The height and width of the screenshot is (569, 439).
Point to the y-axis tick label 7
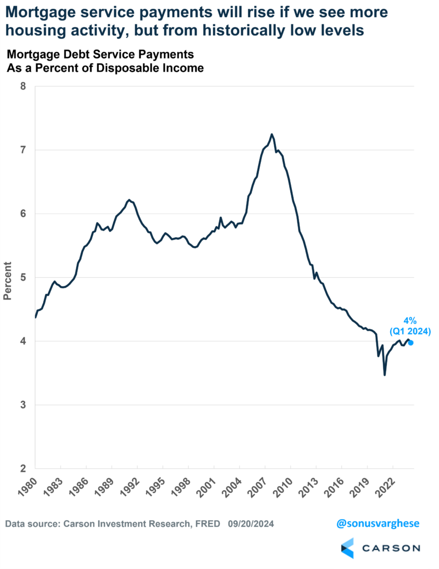tap(22, 150)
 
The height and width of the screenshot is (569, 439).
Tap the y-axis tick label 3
tap(22, 405)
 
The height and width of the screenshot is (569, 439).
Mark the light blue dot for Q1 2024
tap(410, 342)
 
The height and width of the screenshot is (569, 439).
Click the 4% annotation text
tap(409, 321)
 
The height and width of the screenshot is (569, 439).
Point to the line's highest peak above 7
tap(271, 134)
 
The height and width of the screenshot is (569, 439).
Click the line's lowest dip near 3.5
tap(385, 375)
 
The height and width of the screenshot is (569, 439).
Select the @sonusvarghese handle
tap(379, 523)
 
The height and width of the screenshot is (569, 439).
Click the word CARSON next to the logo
tap(391, 548)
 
